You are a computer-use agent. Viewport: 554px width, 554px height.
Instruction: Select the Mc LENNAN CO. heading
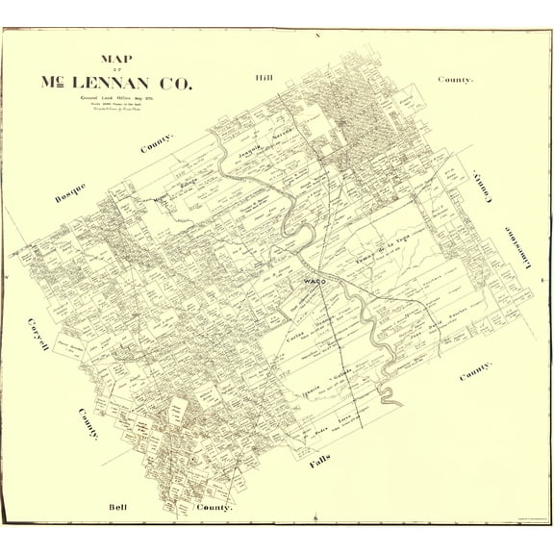[x=116, y=82]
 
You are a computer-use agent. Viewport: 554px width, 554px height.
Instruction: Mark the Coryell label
[x=38, y=332]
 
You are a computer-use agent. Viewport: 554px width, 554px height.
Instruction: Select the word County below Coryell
[x=88, y=423]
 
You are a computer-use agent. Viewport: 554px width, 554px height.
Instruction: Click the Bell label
[x=117, y=506]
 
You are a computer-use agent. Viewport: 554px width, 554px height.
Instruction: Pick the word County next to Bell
[x=214, y=506]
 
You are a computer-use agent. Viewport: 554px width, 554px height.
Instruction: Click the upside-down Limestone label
[x=507, y=251]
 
